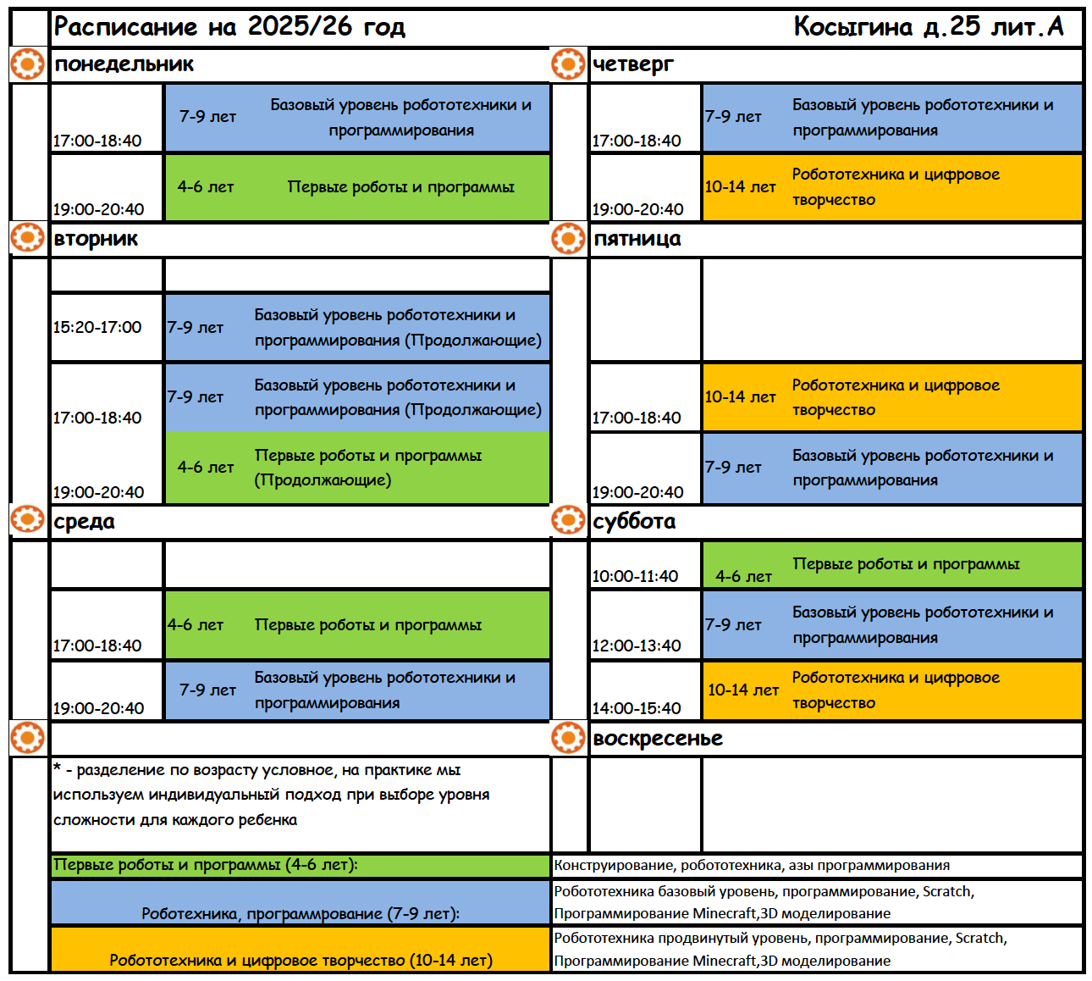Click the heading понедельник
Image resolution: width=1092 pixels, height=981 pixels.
124,64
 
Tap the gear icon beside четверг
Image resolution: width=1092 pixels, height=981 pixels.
567,64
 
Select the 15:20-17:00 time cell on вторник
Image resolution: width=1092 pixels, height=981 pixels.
97,327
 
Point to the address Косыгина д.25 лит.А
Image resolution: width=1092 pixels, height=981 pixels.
928,27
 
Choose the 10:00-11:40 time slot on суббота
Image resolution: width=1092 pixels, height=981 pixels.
635,576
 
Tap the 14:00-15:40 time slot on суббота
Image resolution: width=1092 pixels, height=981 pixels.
637,708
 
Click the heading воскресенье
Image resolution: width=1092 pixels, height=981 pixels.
658,739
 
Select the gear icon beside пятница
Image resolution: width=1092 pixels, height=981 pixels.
567,239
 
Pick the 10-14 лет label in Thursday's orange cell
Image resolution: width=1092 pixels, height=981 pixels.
740,187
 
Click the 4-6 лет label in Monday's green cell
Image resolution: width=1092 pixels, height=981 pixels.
206,187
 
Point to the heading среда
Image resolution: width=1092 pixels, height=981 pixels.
84,522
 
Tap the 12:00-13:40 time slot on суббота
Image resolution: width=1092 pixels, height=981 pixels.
637,646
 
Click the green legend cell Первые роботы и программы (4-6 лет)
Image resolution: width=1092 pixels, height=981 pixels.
206,865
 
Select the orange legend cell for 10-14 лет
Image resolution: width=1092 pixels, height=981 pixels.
301,960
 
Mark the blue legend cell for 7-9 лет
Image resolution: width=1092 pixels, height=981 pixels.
301,913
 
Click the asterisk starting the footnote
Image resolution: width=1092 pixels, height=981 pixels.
57,768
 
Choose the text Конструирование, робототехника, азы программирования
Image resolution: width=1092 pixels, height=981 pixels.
752,866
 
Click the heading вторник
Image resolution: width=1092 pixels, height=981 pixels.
95,239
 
